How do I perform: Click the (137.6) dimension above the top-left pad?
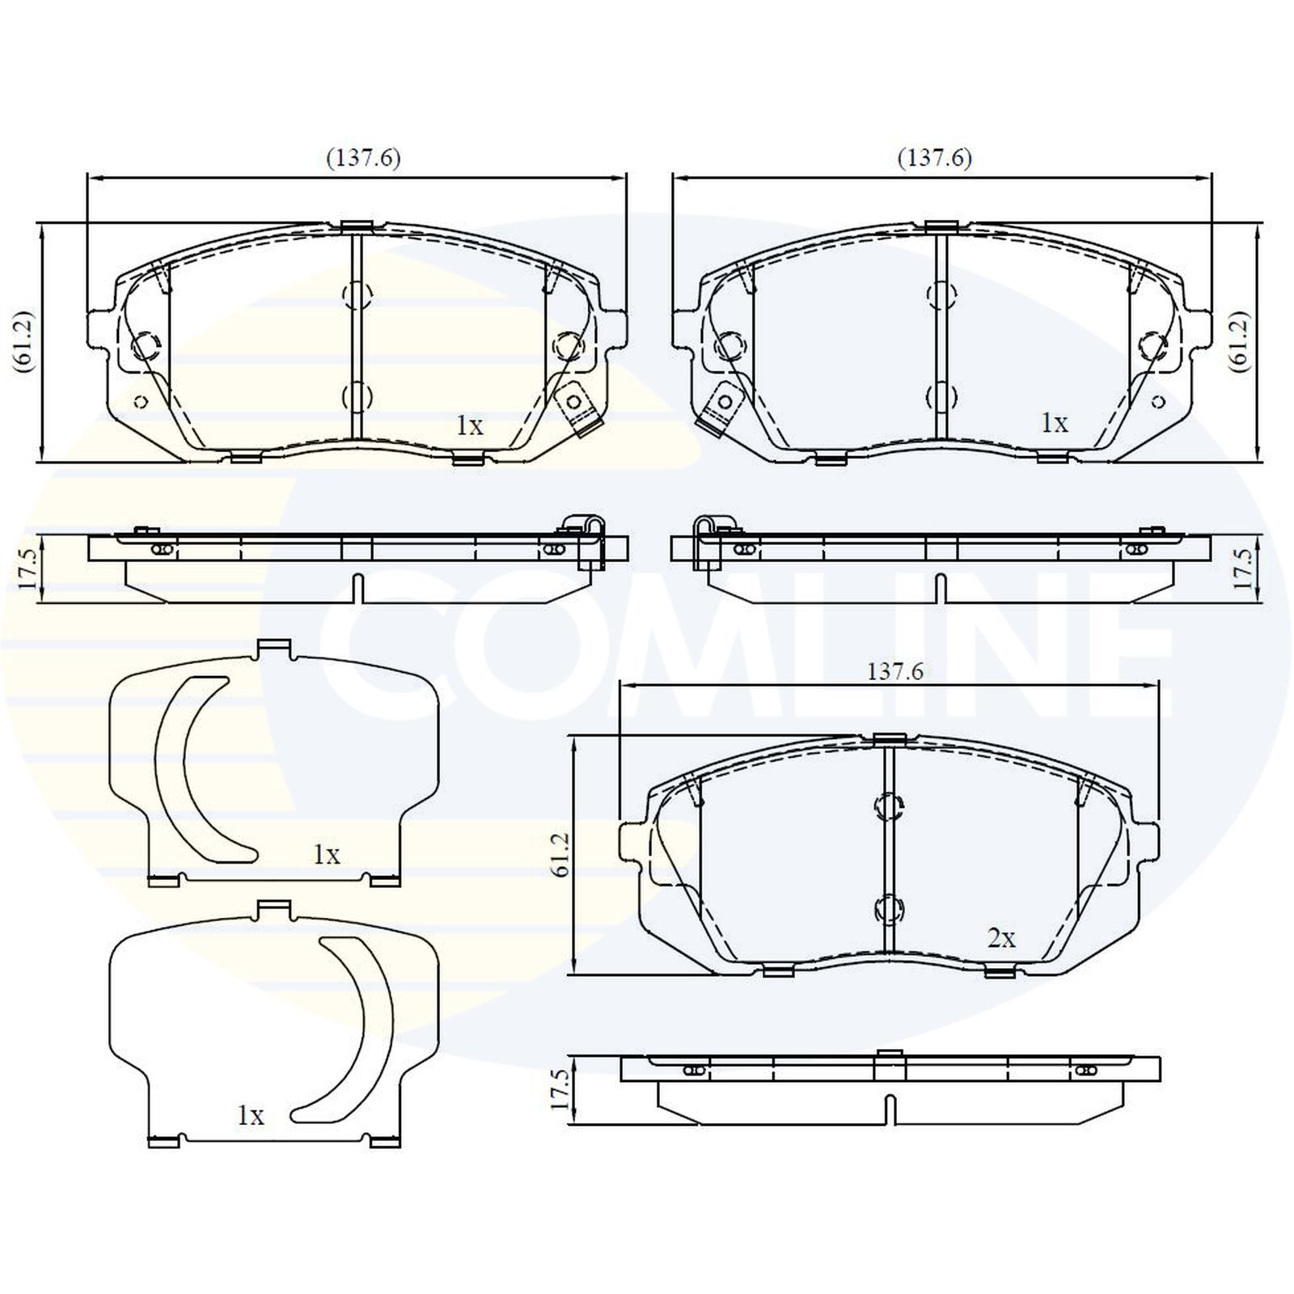tap(363, 158)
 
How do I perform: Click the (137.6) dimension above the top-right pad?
tap(934, 158)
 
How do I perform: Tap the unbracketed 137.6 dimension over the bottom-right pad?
tap(894, 671)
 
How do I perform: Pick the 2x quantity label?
tap(1000, 938)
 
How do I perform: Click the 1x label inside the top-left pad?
tap(469, 425)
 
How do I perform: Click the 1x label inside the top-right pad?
tap(1054, 422)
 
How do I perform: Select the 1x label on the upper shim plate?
tap(327, 854)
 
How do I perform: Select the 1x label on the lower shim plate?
tap(250, 1116)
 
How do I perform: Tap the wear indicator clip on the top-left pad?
tap(576, 409)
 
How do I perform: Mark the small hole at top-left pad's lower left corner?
tap(139, 401)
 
